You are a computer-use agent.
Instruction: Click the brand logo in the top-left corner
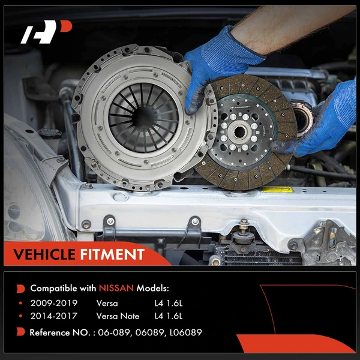click(x=46, y=32)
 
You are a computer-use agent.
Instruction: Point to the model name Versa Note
click(x=118, y=316)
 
